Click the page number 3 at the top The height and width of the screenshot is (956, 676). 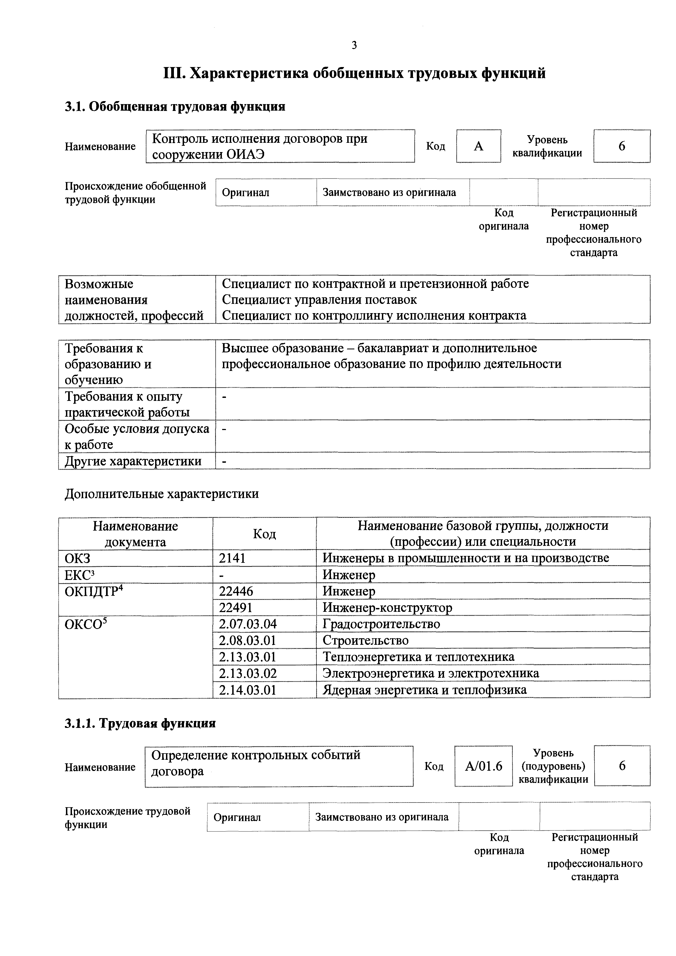(354, 45)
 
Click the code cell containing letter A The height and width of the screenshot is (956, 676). (479, 146)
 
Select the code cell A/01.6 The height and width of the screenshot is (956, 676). (484, 766)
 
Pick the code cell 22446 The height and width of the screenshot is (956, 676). (236, 591)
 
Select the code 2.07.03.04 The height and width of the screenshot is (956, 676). (248, 624)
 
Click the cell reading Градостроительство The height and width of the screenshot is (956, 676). (381, 624)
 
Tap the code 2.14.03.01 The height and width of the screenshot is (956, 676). (248, 690)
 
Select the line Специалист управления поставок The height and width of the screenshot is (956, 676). (319, 299)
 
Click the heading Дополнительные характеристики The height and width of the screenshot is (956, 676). (162, 494)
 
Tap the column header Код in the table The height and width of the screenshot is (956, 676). (264, 534)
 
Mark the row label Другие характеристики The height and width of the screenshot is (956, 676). (133, 461)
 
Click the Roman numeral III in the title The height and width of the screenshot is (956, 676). (174, 73)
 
